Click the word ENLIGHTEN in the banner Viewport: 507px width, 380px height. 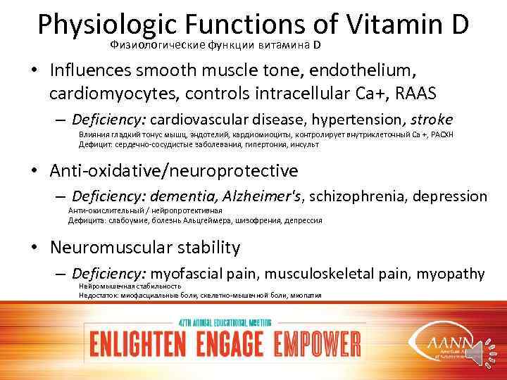(133, 345)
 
